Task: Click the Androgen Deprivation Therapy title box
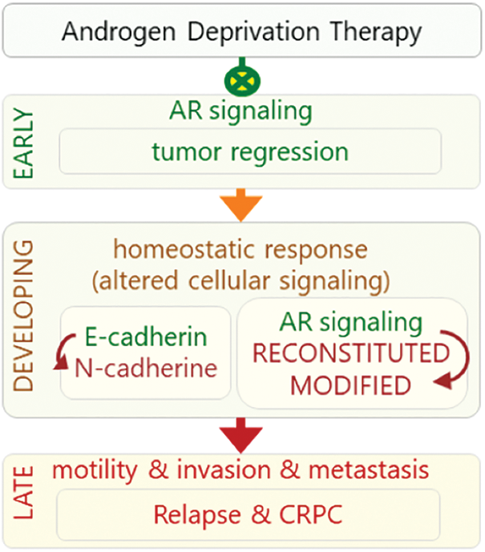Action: pos(241,33)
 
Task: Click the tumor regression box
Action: pos(250,151)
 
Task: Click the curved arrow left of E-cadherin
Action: pos(61,353)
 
